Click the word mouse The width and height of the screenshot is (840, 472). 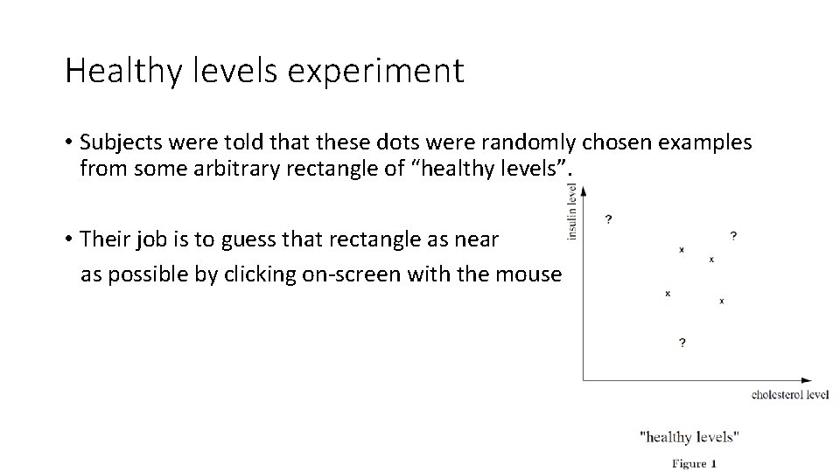point(528,274)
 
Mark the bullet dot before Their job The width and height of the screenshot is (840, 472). point(68,239)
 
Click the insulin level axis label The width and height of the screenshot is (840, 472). point(572,211)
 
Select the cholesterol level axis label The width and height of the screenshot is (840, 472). point(789,395)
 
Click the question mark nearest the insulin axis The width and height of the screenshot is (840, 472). point(608,218)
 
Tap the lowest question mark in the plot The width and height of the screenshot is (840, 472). point(682,343)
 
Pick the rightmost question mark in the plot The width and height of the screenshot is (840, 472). point(732,235)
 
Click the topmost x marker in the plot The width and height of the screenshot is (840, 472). point(682,250)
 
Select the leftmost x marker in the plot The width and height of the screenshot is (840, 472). point(668,294)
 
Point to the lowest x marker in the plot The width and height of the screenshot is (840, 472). point(721,302)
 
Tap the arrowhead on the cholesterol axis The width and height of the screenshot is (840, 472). point(806,380)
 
